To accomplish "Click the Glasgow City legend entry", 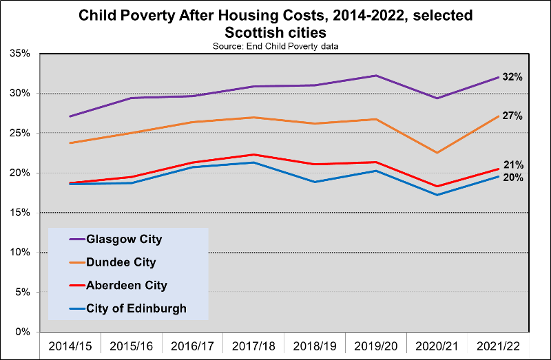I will [124, 240].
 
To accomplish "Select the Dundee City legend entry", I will [121, 262].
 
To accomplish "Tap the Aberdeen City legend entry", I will [127, 285].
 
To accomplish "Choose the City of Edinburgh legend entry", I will [136, 308].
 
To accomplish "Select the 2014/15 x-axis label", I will [70, 345].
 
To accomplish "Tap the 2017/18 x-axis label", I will [255, 345].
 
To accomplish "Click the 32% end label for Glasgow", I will [512, 77].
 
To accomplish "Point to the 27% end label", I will [512, 116].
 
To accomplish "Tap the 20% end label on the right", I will [512, 178].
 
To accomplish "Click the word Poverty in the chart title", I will [169, 14].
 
